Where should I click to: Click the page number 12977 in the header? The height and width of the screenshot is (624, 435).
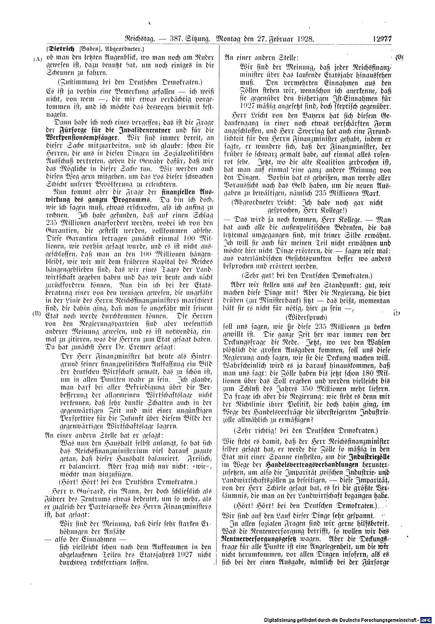click(x=382, y=38)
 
